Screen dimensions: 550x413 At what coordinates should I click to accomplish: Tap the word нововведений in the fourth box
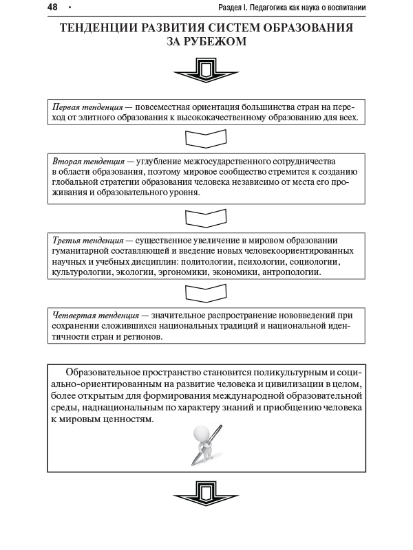(313, 315)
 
